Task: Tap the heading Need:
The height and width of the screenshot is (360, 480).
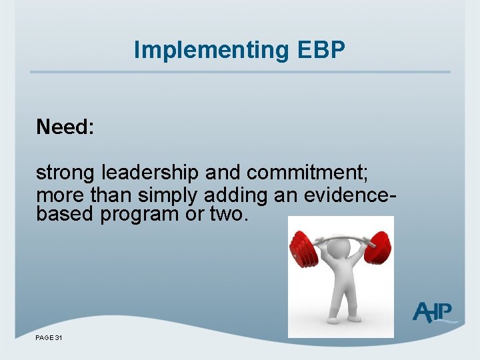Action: (x=65, y=127)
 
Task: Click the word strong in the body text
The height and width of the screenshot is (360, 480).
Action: (x=65, y=173)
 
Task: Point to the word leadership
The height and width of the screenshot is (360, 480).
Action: (x=150, y=173)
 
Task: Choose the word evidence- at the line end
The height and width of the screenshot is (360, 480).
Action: (x=351, y=195)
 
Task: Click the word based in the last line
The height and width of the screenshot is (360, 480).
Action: (x=65, y=215)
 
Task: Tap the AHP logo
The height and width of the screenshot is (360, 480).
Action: (x=433, y=313)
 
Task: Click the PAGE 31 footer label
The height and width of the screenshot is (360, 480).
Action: (x=49, y=339)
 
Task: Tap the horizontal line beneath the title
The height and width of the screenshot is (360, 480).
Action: (x=240, y=72)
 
